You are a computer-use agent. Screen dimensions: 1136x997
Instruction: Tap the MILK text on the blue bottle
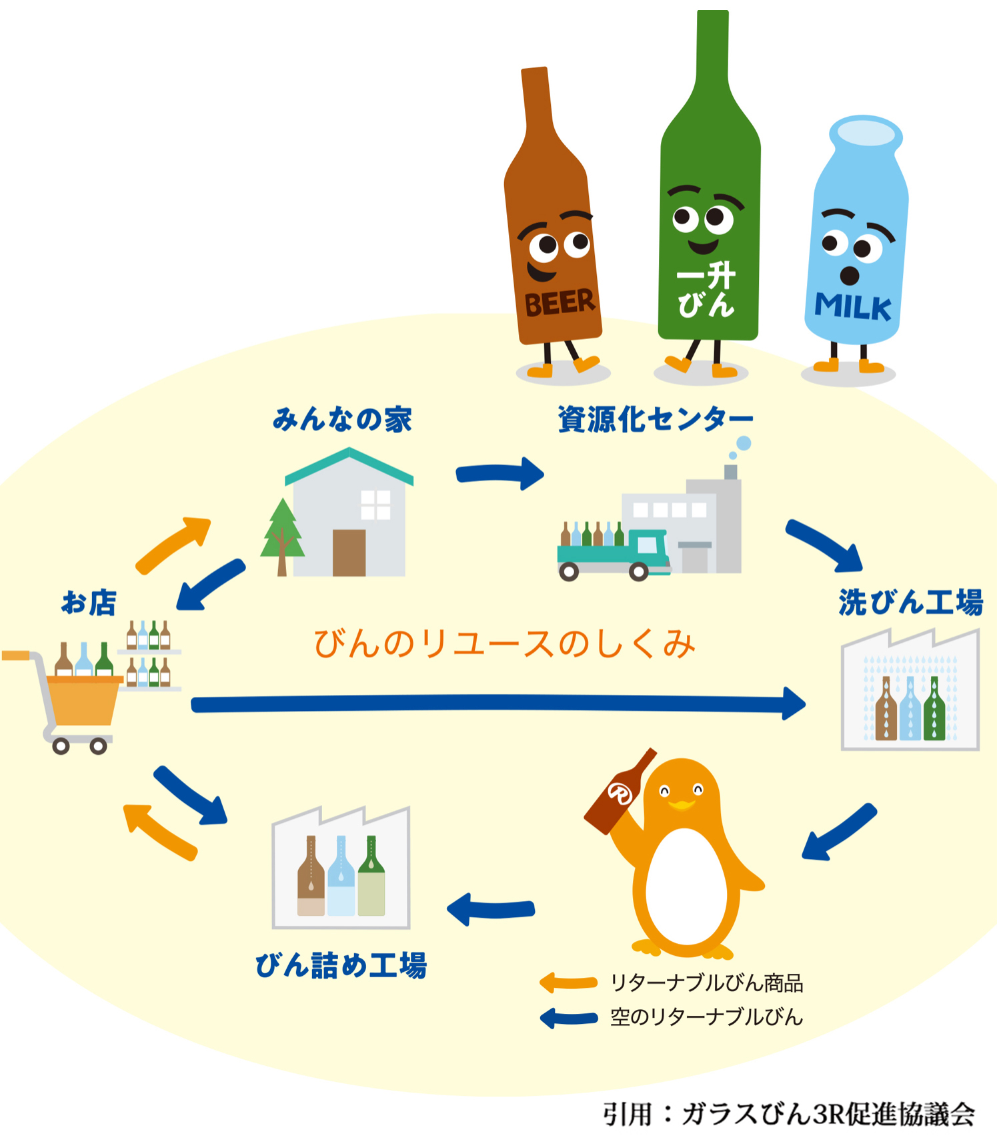(852, 307)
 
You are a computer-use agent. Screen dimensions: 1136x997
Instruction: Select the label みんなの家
(342, 420)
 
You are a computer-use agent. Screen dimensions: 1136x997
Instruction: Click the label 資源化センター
(655, 420)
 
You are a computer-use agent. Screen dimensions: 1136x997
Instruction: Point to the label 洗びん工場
(910, 602)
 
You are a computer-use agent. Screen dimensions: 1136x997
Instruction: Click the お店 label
(89, 602)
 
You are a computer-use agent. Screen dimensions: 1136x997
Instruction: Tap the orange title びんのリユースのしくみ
(504, 644)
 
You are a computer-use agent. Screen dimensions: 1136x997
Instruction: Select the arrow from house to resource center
(500, 474)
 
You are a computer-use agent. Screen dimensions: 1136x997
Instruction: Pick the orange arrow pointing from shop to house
(173, 543)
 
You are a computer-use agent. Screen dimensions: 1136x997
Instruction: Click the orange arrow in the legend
(568, 982)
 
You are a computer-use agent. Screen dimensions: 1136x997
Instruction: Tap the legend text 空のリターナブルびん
(706, 1017)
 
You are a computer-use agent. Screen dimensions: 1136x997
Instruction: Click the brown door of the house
(349, 553)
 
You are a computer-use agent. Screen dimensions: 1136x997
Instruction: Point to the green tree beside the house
(282, 534)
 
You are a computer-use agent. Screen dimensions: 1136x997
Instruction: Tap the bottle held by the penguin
(620, 793)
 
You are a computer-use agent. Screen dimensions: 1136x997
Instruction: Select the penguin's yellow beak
(682, 804)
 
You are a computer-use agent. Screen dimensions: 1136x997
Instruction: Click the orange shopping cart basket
(83, 701)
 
